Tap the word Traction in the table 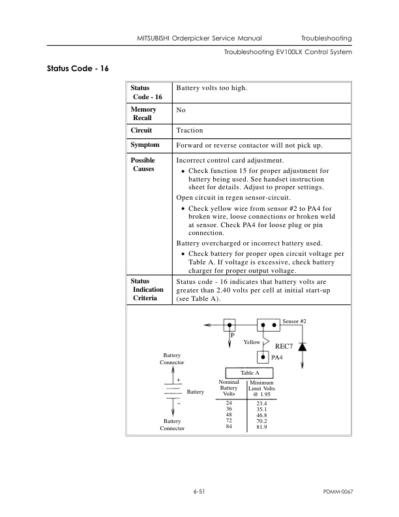[190, 131]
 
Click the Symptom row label [145, 144]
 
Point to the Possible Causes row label [143, 164]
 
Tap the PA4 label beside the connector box [277, 358]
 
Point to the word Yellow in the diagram [252, 342]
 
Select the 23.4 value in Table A [263, 405]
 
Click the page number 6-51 [199, 490]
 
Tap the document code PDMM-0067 [338, 490]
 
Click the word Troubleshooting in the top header [327, 39]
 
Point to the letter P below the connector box [231, 336]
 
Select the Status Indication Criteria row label [145, 289]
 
